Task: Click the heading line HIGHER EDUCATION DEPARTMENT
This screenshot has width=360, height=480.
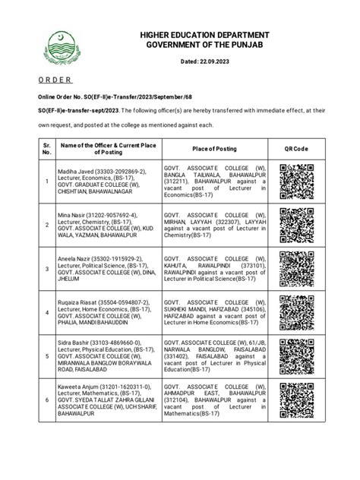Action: pyautogui.click(x=199, y=36)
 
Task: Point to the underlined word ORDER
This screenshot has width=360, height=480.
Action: pyautogui.click(x=55, y=80)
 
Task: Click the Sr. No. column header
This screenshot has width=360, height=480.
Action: pyautogui.click(x=47, y=148)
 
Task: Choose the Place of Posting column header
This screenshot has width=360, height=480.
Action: pyautogui.click(x=214, y=148)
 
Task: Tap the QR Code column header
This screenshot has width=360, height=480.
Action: pyautogui.click(x=296, y=148)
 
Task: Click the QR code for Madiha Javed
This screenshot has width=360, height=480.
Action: pyautogui.click(x=296, y=182)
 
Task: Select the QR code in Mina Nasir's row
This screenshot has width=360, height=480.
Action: pyautogui.click(x=296, y=225)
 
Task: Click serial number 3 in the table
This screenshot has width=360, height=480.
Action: pyautogui.click(x=47, y=268)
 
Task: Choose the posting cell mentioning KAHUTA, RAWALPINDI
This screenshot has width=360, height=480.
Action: pyautogui.click(x=214, y=268)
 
